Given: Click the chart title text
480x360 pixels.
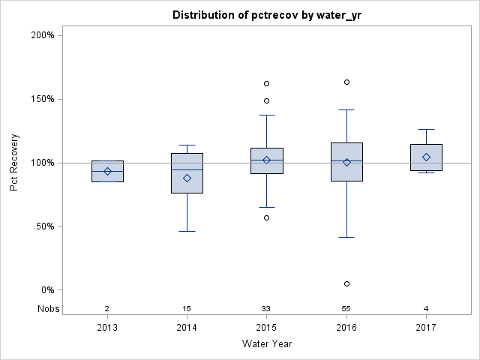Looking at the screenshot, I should click(266, 15).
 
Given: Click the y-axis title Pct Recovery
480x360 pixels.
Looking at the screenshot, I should click(14, 163).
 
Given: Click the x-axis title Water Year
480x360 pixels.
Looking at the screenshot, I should click(266, 343).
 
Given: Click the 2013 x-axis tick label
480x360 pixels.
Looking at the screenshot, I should click(107, 327).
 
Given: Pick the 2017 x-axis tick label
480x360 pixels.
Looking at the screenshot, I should click(426, 327).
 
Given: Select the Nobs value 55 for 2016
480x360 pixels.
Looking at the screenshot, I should click(346, 308).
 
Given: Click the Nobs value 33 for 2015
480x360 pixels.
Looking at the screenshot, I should click(266, 308).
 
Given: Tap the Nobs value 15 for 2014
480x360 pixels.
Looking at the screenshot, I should click(187, 308).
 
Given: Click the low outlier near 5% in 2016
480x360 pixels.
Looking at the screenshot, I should click(346, 283).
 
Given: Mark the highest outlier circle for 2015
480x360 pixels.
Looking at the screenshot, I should click(266, 83).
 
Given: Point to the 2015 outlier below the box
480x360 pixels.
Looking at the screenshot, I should click(266, 217).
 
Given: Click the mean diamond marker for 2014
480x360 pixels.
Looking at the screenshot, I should click(187, 178).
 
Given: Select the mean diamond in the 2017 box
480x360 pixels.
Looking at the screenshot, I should click(426, 157).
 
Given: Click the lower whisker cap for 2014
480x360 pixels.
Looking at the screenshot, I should click(187, 231).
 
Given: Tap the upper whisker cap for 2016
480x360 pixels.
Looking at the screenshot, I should click(346, 109).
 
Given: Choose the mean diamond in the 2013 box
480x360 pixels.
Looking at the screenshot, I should click(107, 171).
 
